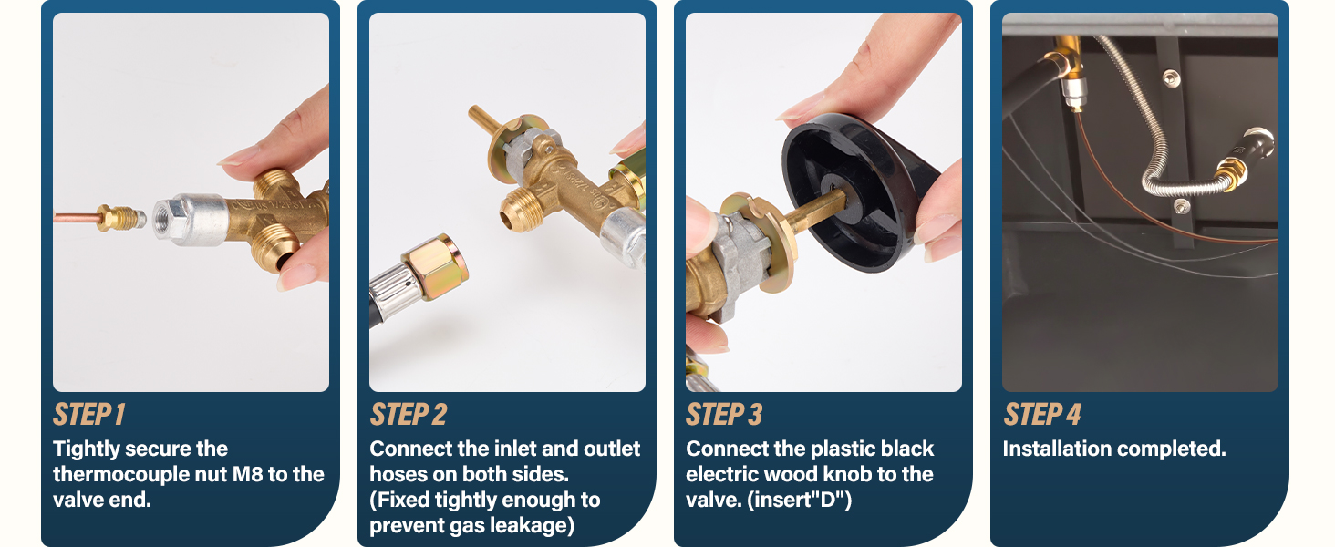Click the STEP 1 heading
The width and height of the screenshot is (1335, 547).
pos(88,415)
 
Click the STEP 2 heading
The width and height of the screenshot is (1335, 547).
pos(408,415)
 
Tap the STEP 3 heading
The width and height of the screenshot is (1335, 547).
pos(723,415)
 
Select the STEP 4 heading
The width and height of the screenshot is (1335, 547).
pos(1041,415)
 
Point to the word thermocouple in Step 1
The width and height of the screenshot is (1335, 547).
pos(117,474)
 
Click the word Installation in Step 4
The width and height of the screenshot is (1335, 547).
pos(1056,449)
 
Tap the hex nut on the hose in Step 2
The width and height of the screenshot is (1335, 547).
pos(435,264)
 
